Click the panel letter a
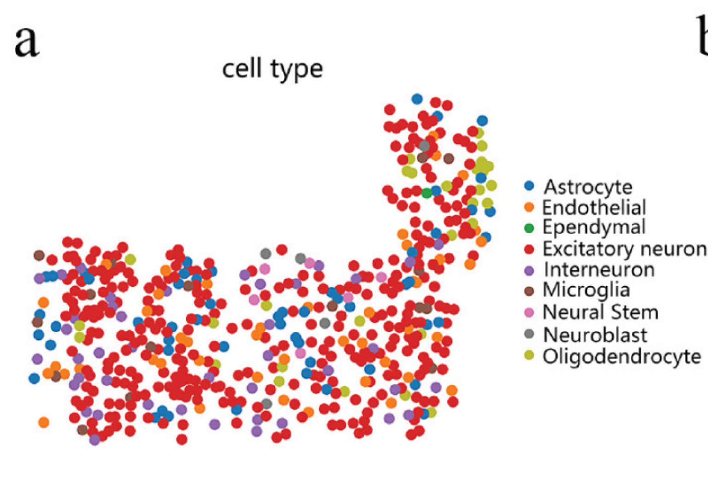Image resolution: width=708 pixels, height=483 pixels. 26,42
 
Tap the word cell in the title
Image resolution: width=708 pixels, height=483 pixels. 242,69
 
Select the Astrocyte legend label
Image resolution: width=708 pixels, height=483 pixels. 588,187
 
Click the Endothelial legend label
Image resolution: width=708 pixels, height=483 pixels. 594,207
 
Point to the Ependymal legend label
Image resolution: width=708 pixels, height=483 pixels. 594,227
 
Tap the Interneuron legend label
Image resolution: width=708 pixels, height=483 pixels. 599,270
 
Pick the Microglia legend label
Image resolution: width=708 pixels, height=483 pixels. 586,290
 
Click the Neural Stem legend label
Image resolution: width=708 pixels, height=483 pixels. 600,312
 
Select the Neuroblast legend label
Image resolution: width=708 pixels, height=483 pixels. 595,335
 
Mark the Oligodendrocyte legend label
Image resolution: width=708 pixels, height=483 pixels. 621,356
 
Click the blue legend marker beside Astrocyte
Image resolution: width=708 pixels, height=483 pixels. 529,186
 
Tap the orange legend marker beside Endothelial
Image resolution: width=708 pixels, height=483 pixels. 529,207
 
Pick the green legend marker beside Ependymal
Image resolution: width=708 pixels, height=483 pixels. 529,228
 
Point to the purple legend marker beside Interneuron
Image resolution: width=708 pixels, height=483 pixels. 529,271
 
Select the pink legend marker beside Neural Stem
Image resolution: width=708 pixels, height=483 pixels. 529,312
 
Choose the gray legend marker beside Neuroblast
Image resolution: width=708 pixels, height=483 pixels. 529,334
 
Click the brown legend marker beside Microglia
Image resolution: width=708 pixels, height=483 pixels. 529,291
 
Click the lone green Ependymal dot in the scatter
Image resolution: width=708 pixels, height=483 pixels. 427,193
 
